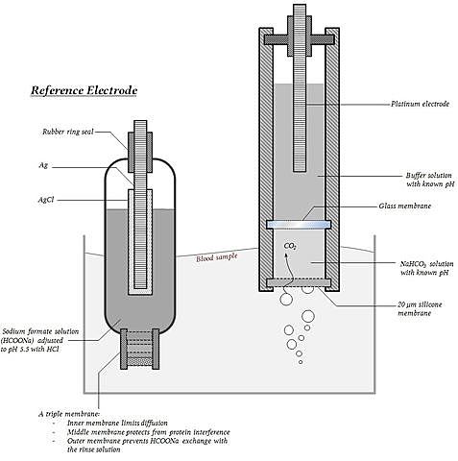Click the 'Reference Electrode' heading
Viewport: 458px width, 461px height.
[x=84, y=90]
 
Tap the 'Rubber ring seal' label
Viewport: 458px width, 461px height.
[x=68, y=132]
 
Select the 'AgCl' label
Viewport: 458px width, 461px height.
[x=46, y=200]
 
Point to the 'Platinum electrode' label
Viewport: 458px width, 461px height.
[x=420, y=104]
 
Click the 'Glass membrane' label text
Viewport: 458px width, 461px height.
[x=405, y=206]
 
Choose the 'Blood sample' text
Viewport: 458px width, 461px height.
[x=217, y=257]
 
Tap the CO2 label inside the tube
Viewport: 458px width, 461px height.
[x=290, y=246]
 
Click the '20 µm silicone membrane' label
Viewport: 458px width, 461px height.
[x=420, y=308]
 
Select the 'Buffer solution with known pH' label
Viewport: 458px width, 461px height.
[x=430, y=180]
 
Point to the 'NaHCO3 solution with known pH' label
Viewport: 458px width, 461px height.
[x=426, y=268]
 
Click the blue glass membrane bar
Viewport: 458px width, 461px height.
[x=299, y=225]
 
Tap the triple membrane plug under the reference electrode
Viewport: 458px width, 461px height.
[x=139, y=349]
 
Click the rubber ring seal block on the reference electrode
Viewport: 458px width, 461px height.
[x=140, y=152]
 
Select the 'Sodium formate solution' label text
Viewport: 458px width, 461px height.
[x=40, y=331]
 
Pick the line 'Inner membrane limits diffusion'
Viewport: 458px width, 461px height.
[x=117, y=423]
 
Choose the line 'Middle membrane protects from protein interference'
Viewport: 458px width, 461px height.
[x=149, y=432]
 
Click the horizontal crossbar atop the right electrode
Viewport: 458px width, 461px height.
[x=299, y=39]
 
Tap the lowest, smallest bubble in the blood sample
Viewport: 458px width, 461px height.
[x=301, y=362]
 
